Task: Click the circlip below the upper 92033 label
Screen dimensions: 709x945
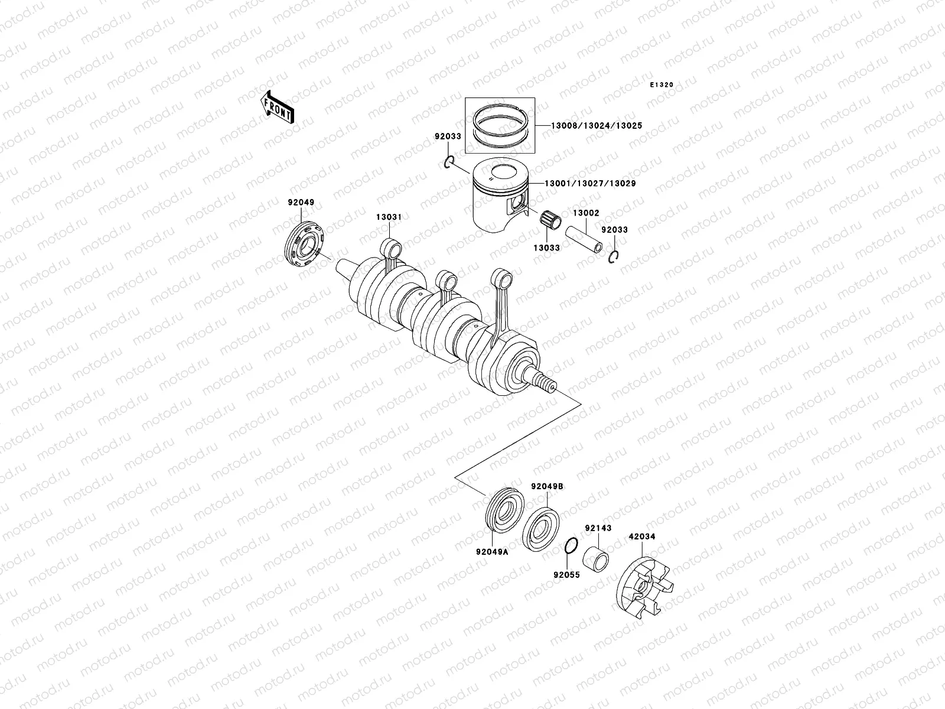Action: coord(449,162)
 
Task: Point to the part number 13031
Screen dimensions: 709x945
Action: coord(389,217)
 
